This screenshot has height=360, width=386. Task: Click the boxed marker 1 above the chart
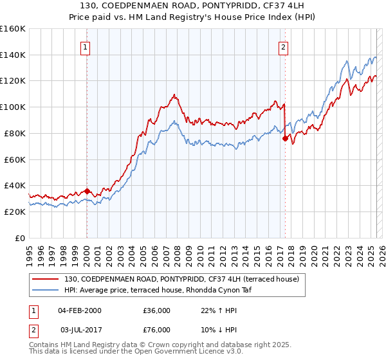[86, 46]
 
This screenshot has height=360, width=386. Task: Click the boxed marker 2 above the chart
[283, 46]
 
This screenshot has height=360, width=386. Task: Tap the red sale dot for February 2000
[87, 191]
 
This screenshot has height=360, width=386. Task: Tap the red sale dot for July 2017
[285, 138]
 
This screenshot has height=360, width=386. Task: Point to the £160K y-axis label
[13, 29]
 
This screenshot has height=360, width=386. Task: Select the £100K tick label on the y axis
[13, 107]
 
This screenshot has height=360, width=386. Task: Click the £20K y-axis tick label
[15, 212]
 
